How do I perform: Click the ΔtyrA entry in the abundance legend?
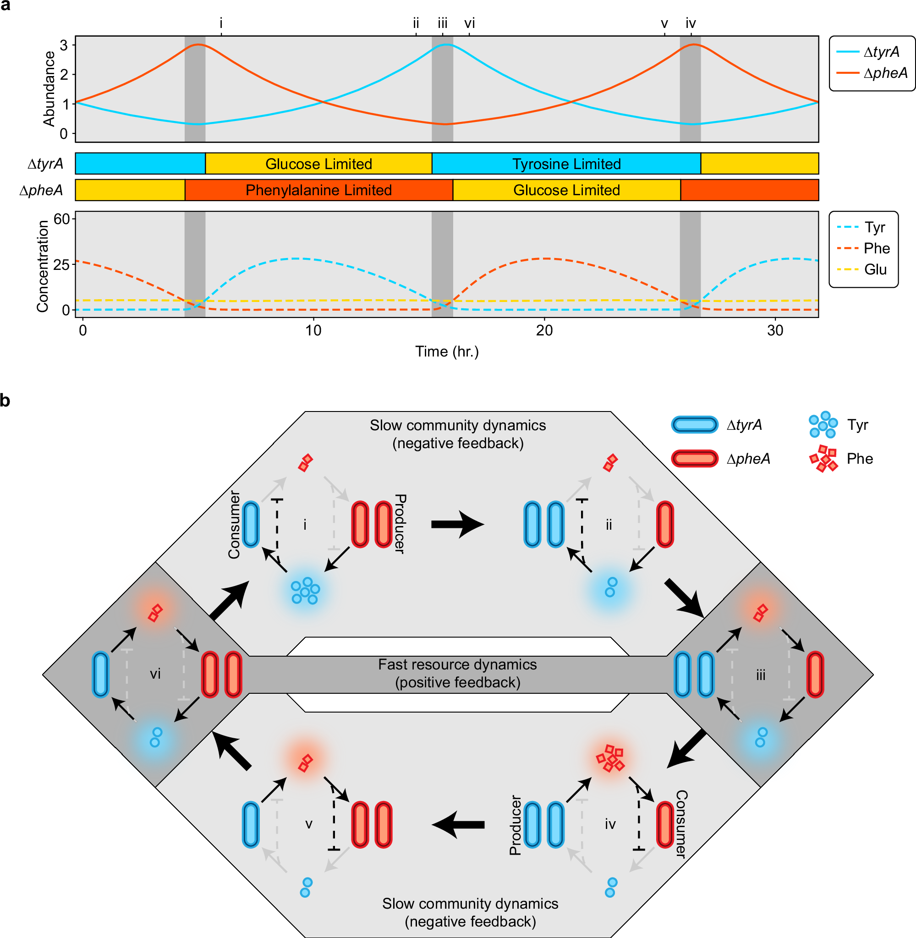[881, 51]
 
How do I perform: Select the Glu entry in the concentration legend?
[875, 269]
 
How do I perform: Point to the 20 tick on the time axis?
[544, 330]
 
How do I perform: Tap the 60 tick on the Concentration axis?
[61, 219]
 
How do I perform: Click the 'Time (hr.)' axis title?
[447, 351]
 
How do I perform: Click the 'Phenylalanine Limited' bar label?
[318, 190]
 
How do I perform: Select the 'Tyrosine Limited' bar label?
[566, 164]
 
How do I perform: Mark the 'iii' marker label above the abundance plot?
[442, 23]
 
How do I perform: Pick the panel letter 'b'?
[5, 400]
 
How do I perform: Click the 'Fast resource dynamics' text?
[457, 664]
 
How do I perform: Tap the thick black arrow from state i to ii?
[456, 524]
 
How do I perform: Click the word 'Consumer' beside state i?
[234, 524]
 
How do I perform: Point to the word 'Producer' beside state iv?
[515, 825]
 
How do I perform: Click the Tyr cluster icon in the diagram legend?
[823, 425]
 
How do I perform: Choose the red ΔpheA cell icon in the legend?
[695, 458]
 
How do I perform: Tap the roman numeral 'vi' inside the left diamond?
[155, 674]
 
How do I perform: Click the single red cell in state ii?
[665, 524]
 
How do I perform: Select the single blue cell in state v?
[251, 825]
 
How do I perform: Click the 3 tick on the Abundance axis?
[64, 45]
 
